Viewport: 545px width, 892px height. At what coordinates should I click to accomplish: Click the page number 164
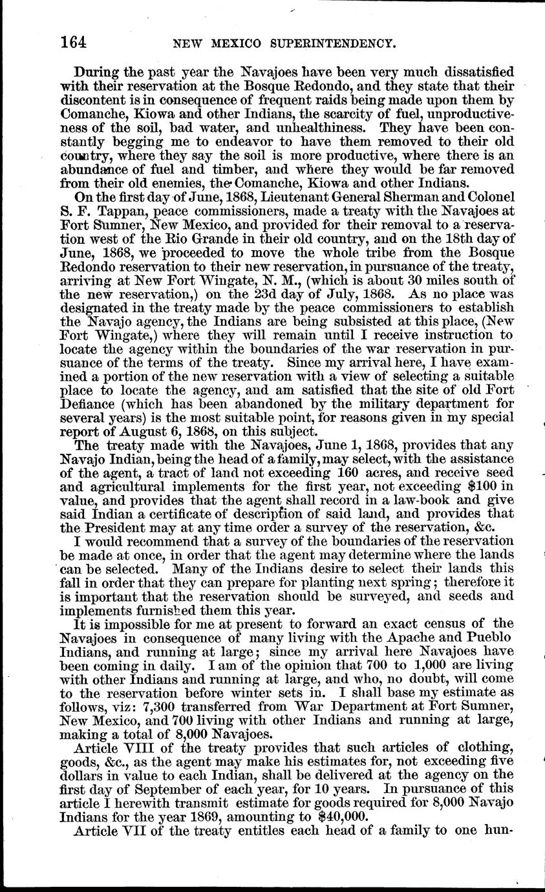pyautogui.click(x=74, y=42)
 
